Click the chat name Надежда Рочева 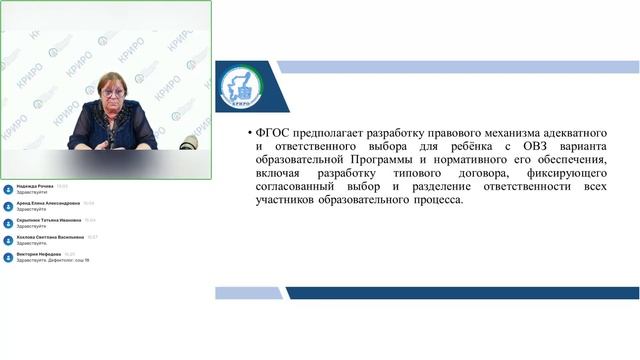coord(35,186)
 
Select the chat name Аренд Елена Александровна coord(48,203)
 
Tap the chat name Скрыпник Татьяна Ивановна coord(48,220)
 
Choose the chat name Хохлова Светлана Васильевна coord(50,237)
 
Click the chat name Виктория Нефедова coord(40,254)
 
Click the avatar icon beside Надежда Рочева coord(8,189)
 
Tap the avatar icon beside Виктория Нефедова coord(8,257)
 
